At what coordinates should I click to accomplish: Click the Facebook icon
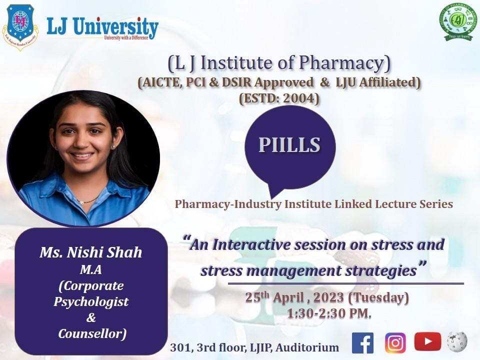point(363,342)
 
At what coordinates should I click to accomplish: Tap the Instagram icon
point(395,342)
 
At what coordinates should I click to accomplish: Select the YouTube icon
point(427,342)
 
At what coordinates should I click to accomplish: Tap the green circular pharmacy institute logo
point(457,21)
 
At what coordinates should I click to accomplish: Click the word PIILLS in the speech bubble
point(289,144)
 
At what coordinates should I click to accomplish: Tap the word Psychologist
point(91,301)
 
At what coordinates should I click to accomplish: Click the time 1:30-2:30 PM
point(329,313)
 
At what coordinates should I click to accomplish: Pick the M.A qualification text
point(91,270)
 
